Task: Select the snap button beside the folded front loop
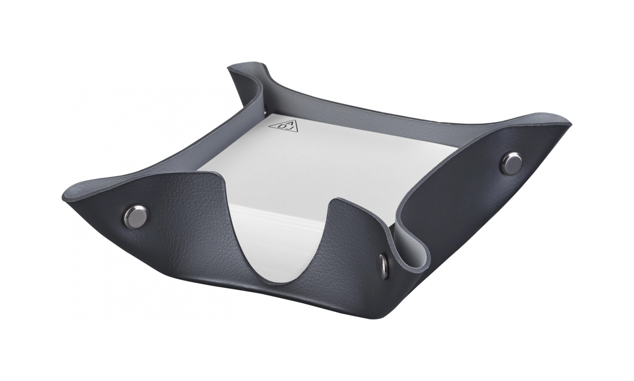coord(384,260)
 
